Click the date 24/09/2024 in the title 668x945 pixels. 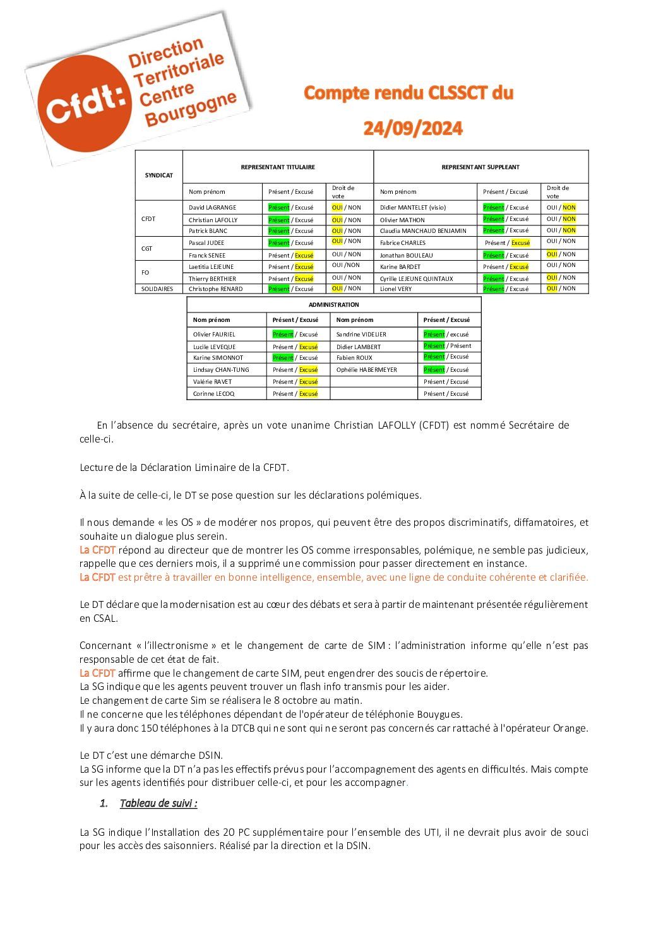[x=413, y=129]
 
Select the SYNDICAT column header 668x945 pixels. [x=158, y=175]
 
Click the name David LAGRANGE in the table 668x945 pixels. [x=212, y=208]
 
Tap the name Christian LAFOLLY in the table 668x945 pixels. [x=213, y=220]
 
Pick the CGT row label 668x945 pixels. [x=147, y=249]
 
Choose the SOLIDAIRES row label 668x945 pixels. [x=157, y=289]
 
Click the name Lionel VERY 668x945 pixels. [x=396, y=289]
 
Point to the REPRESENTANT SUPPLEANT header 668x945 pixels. [x=480, y=167]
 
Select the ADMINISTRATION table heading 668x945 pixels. [x=333, y=305]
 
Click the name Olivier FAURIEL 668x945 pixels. [x=214, y=335]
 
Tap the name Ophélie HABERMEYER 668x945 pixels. [x=367, y=370]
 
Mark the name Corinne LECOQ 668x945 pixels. [x=213, y=394]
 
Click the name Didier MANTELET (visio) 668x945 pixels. [x=413, y=208]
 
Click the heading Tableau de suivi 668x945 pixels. [x=158, y=804]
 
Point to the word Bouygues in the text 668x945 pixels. [x=439, y=715]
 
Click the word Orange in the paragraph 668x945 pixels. [x=570, y=728]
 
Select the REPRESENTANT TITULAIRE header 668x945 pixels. [x=278, y=167]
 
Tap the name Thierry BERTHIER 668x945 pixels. [x=212, y=279]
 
